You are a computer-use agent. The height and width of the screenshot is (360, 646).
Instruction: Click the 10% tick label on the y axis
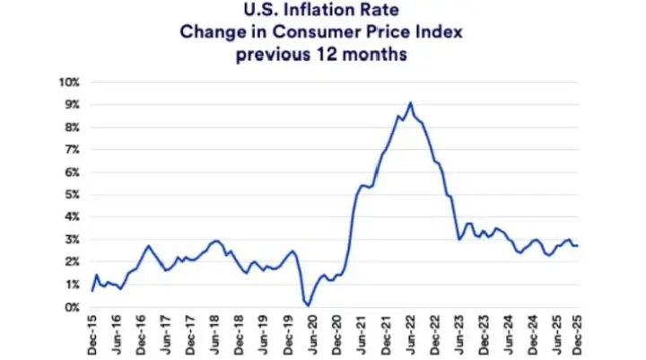point(71,82)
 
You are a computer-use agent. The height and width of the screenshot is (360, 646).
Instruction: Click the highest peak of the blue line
point(411,102)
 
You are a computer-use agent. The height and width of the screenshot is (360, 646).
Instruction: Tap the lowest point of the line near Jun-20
point(310,305)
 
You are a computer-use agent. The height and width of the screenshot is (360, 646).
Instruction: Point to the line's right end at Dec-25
point(577,246)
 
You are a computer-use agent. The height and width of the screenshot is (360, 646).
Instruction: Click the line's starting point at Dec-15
point(92,290)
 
